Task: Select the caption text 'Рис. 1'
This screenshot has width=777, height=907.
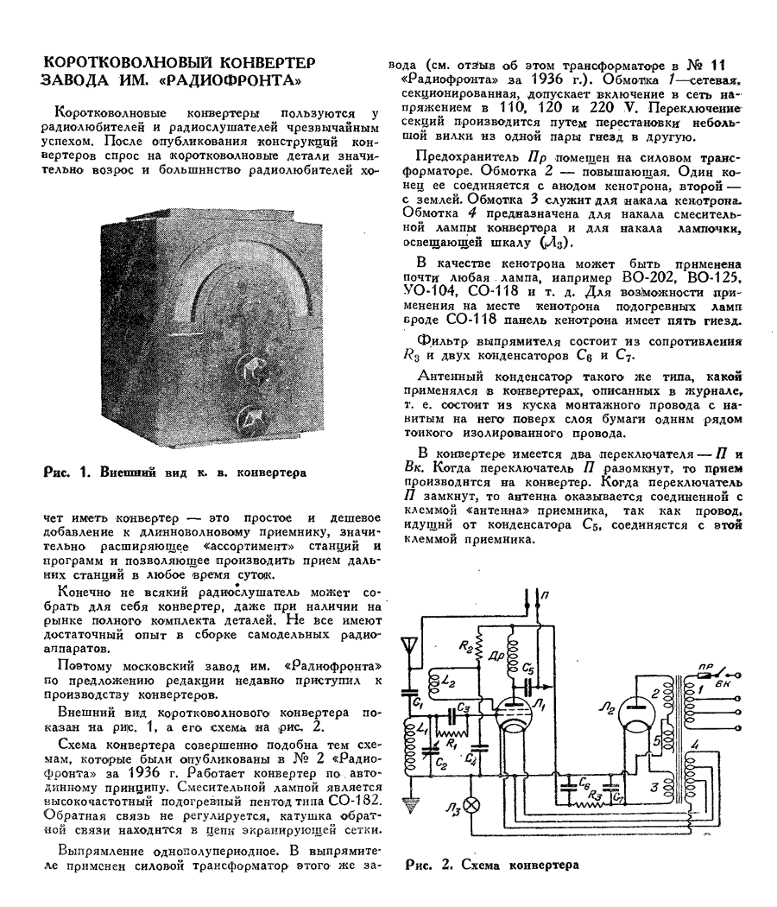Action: (62, 471)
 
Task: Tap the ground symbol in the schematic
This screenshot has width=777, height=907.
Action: (408, 804)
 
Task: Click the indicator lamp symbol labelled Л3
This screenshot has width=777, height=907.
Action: (471, 806)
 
